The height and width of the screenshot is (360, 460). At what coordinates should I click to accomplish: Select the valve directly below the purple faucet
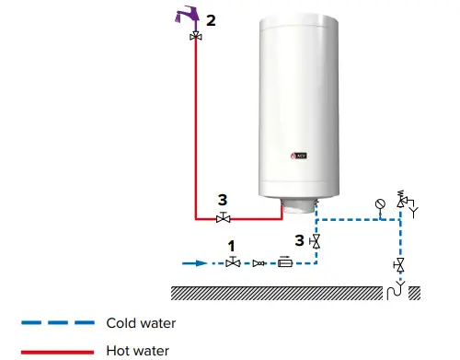tap(196, 36)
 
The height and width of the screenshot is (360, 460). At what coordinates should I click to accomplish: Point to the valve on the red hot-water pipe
tap(223, 218)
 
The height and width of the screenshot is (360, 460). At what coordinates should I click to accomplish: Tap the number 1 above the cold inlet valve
tap(233, 247)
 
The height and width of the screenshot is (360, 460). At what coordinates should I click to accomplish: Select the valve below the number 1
tap(233, 263)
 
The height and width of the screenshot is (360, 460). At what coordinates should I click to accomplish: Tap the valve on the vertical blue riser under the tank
tap(316, 242)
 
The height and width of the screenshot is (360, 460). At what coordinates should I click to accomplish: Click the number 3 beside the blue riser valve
tap(299, 241)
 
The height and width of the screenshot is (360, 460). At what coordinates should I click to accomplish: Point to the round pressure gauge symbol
tap(381, 204)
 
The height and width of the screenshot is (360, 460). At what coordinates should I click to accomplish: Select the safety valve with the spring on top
tap(401, 202)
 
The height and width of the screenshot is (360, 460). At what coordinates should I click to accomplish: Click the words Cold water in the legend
tap(140, 323)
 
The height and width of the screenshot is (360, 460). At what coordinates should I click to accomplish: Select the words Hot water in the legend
tap(137, 350)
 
